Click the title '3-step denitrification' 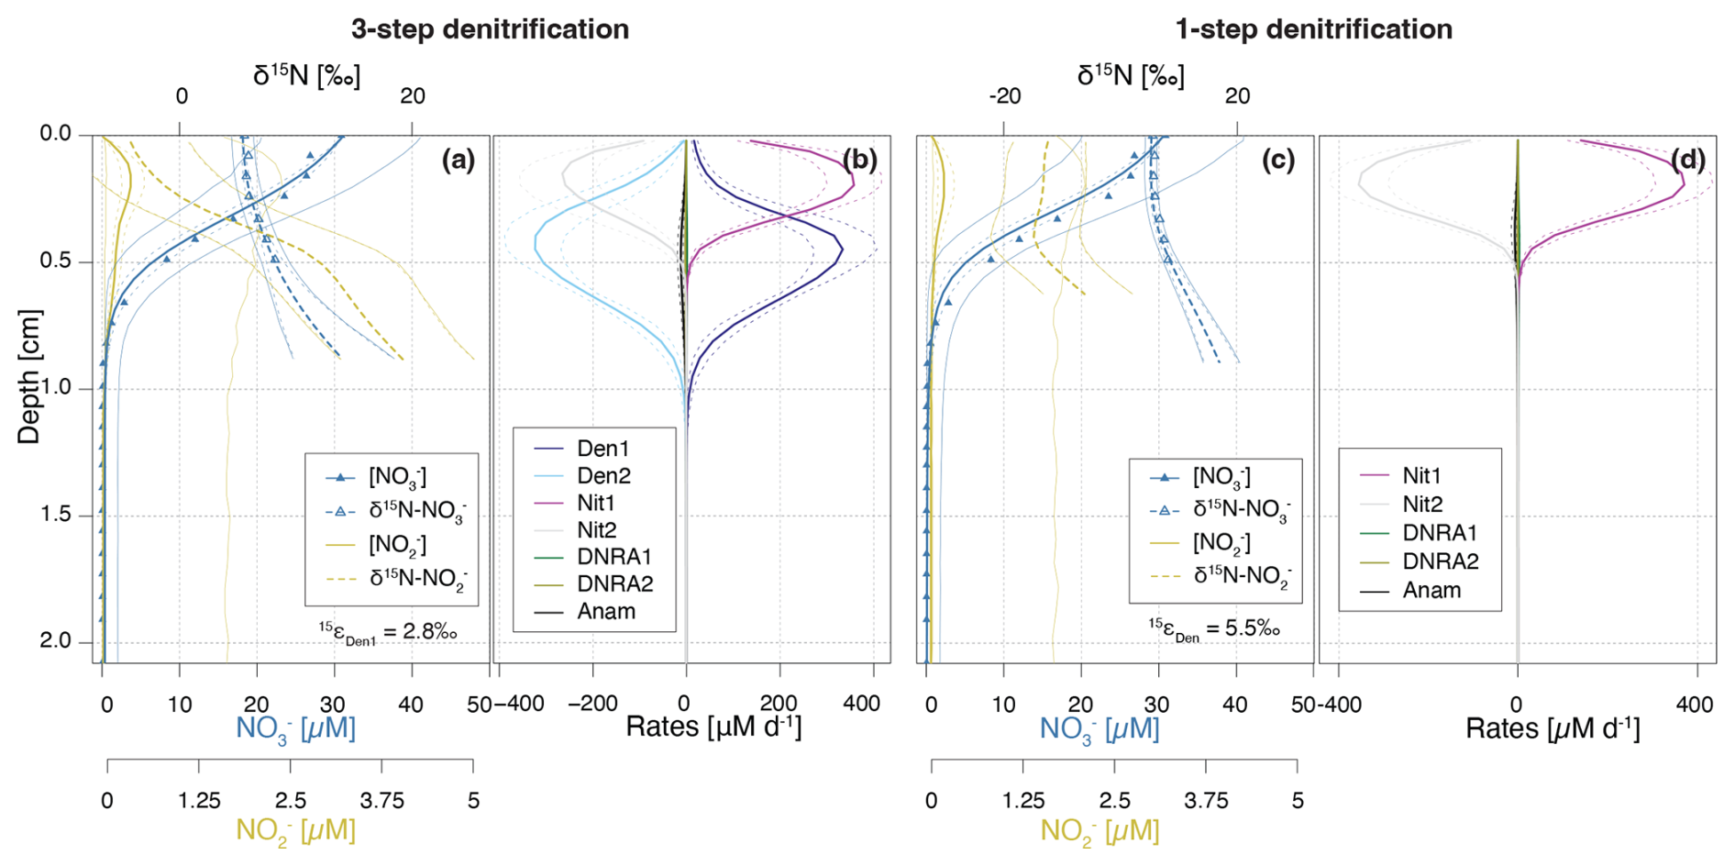pyautogui.click(x=490, y=29)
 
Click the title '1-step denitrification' pyautogui.click(x=1313, y=29)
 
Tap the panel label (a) pyautogui.click(x=459, y=160)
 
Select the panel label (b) pyautogui.click(x=859, y=160)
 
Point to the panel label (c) pyautogui.click(x=1279, y=160)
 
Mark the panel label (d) pyautogui.click(x=1687, y=160)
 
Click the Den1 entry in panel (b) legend pyautogui.click(x=602, y=449)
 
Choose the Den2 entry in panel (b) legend pyautogui.click(x=602, y=475)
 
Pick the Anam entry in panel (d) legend pyautogui.click(x=1431, y=590)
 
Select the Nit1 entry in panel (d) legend pyautogui.click(x=1421, y=475)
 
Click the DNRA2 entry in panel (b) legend pyautogui.click(x=614, y=583)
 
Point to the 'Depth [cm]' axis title pyautogui.click(x=29, y=376)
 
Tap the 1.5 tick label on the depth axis pyautogui.click(x=55, y=515)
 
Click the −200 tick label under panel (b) pyautogui.click(x=591, y=705)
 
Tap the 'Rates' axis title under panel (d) pyautogui.click(x=1552, y=728)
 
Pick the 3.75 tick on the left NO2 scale pyautogui.click(x=381, y=801)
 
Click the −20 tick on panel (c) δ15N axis pyautogui.click(x=1004, y=96)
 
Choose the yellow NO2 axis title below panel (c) pyautogui.click(x=1099, y=831)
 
